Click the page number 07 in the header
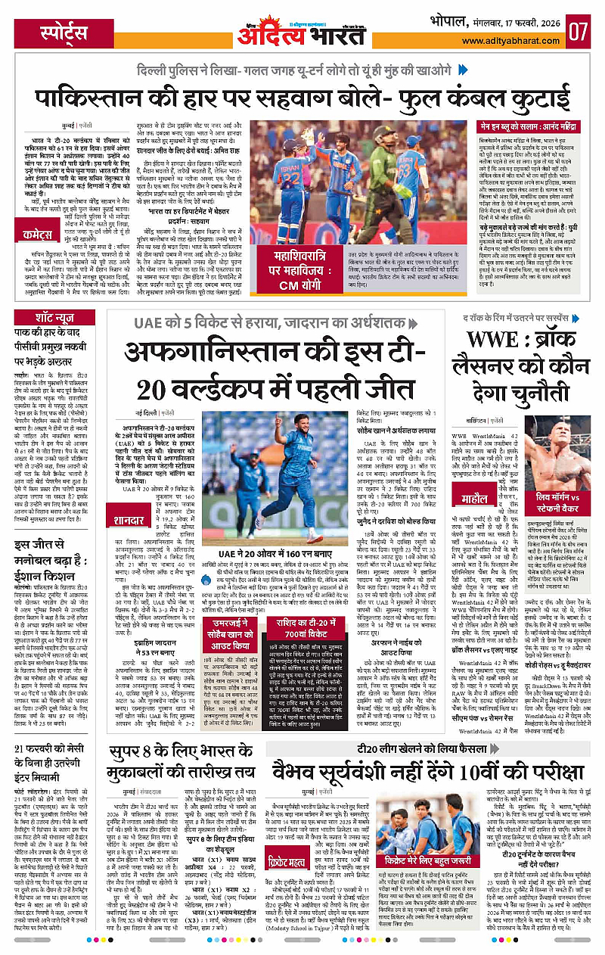(x=581, y=33)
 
